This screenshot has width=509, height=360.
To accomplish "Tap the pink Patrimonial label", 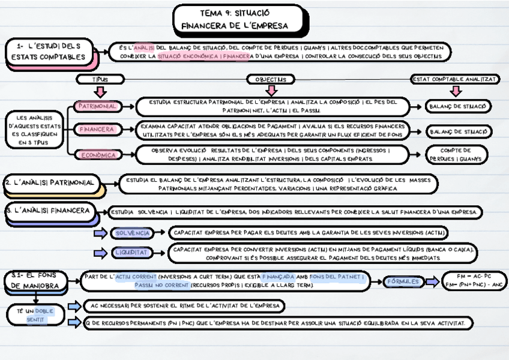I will coord(98,106).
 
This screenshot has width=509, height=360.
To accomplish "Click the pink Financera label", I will coord(97,129).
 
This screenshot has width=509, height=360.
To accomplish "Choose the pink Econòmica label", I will coord(98,155).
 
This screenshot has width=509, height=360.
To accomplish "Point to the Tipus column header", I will coord(100,79).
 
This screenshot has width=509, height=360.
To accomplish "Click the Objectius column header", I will coord(271,79).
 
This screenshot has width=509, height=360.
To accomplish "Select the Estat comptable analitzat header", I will coord(455,79).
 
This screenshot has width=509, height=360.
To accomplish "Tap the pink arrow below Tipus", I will coord(100,91).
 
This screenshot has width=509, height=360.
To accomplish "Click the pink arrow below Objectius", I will coord(271,91).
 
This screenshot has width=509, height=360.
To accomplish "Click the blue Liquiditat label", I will coord(130,252).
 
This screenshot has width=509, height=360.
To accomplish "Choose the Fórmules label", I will coord(402,281).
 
